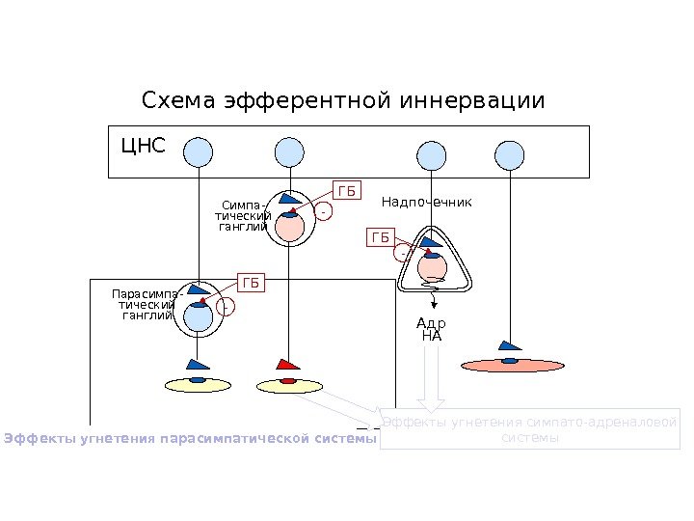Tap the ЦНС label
point(143,147)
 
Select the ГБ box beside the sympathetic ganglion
point(346,191)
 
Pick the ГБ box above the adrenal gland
point(382,237)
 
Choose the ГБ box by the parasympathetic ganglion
point(252,283)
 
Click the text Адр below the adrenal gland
point(431,324)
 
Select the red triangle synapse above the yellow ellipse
point(288,365)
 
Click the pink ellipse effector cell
point(512,365)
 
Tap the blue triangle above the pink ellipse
point(510,345)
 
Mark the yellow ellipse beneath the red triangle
point(288,386)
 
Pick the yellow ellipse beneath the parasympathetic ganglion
point(198,385)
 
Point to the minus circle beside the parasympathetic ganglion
point(226,308)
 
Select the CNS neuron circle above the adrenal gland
point(431,155)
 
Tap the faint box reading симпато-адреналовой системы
point(529,429)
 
